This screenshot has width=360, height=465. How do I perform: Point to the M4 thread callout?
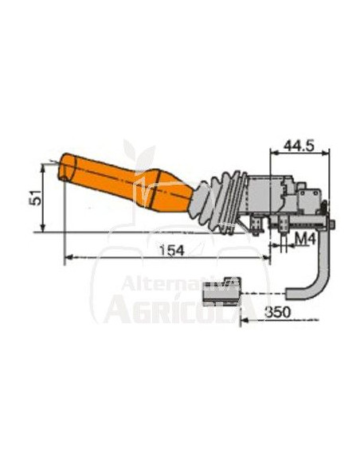pos(307,240)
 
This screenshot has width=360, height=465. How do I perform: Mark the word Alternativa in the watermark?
pos(178,284)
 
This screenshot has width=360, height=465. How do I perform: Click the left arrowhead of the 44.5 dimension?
pos(274,154)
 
